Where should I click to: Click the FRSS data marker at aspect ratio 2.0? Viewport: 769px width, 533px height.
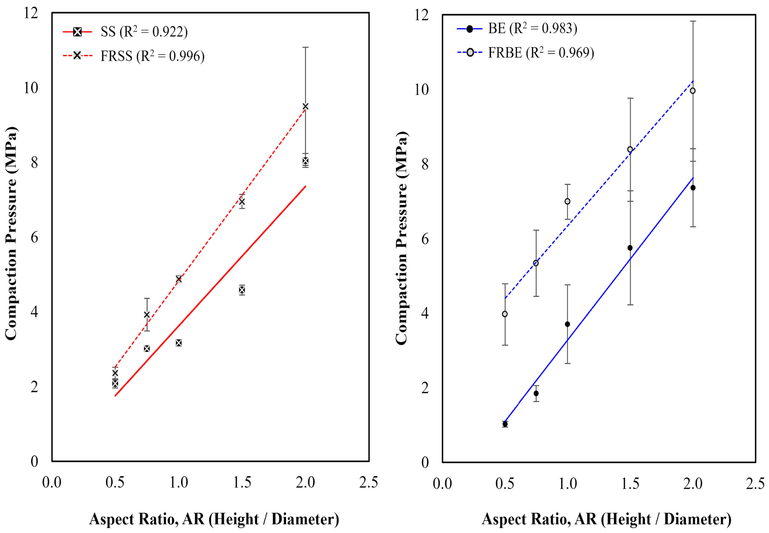pyautogui.click(x=305, y=107)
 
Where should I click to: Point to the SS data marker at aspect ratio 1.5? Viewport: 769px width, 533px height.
pyautogui.click(x=242, y=290)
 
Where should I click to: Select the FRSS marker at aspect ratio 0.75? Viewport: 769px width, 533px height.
pyautogui.click(x=147, y=315)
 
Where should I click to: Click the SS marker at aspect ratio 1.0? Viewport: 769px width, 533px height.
pyautogui.click(x=179, y=343)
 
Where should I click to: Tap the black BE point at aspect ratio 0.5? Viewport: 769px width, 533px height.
pyautogui.click(x=505, y=424)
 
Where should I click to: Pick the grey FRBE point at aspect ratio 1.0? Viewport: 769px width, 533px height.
pyautogui.click(x=567, y=201)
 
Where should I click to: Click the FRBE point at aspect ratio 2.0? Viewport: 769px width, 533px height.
pyautogui.click(x=693, y=91)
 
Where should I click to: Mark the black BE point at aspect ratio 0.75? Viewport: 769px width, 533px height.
pyautogui.click(x=536, y=393)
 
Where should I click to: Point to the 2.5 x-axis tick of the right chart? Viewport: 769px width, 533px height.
pyautogui.click(x=755, y=484)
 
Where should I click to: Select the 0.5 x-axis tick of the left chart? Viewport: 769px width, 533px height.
pyautogui.click(x=115, y=482)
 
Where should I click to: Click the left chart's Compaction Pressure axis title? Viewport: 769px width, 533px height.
pyautogui.click(x=11, y=234)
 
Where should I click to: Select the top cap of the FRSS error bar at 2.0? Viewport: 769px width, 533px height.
pyautogui.click(x=305, y=47)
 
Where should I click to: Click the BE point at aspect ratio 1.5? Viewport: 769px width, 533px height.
pyautogui.click(x=630, y=248)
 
